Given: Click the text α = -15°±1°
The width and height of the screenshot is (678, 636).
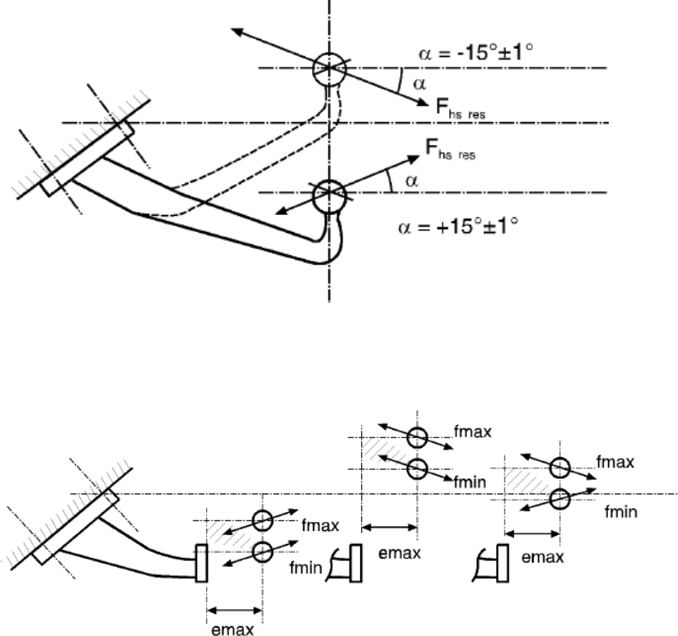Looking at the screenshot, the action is click(x=476, y=52).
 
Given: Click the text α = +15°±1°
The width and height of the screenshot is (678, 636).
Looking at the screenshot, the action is click(x=458, y=226).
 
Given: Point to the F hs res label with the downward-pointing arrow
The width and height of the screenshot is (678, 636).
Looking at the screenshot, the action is click(x=460, y=107).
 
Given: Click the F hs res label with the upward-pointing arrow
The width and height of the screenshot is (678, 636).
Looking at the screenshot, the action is click(x=450, y=149).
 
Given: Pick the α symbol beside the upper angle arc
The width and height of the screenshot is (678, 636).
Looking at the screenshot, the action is click(x=420, y=84).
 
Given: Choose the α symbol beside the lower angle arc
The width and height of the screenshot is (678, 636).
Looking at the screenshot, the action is click(x=412, y=181).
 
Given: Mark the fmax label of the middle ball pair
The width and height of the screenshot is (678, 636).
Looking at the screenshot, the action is click(x=473, y=432).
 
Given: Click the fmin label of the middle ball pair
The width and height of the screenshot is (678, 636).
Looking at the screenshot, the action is click(x=469, y=481).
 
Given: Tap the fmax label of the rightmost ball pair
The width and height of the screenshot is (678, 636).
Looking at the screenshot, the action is click(x=615, y=463).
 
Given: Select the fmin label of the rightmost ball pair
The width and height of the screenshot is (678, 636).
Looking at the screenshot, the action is click(x=621, y=511).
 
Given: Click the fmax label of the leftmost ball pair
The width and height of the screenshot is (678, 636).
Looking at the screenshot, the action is click(x=320, y=525).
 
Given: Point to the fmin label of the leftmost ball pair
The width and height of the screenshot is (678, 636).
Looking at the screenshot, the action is click(x=306, y=568).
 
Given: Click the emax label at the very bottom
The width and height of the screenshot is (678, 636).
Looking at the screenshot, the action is click(x=232, y=629).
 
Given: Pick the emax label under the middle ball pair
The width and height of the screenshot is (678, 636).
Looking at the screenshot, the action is click(x=399, y=553).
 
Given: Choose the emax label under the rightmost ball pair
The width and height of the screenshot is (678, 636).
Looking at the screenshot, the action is click(x=543, y=557).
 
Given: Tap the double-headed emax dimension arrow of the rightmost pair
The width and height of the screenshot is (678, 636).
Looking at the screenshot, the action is click(x=533, y=534).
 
